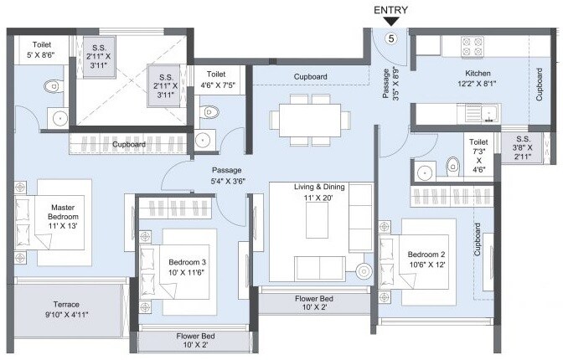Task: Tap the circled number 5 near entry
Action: point(390,39)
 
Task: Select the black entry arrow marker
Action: point(390,22)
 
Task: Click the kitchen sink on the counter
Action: point(484,111)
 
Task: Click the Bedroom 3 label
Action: point(187,266)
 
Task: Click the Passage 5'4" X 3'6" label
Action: point(227,175)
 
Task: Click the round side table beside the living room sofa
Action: point(364,270)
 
